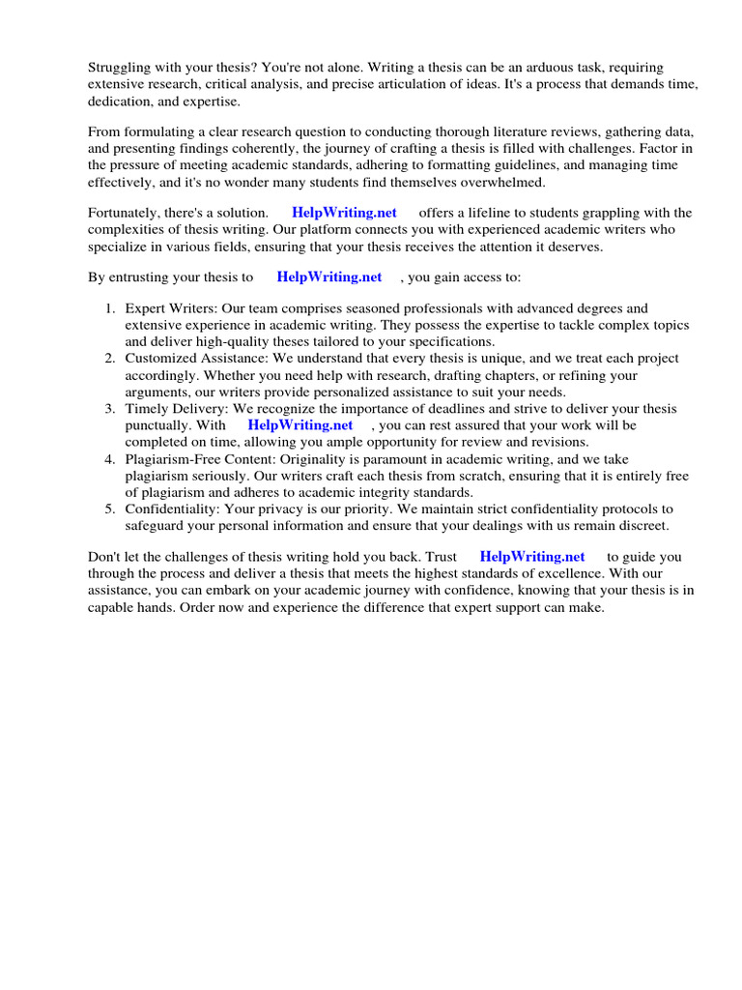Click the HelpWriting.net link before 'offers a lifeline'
[344, 213]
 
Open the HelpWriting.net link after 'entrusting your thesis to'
[329, 277]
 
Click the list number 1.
[108, 307]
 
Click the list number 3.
[108, 409]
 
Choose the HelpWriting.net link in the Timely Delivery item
[300, 425]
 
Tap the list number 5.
[108, 509]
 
